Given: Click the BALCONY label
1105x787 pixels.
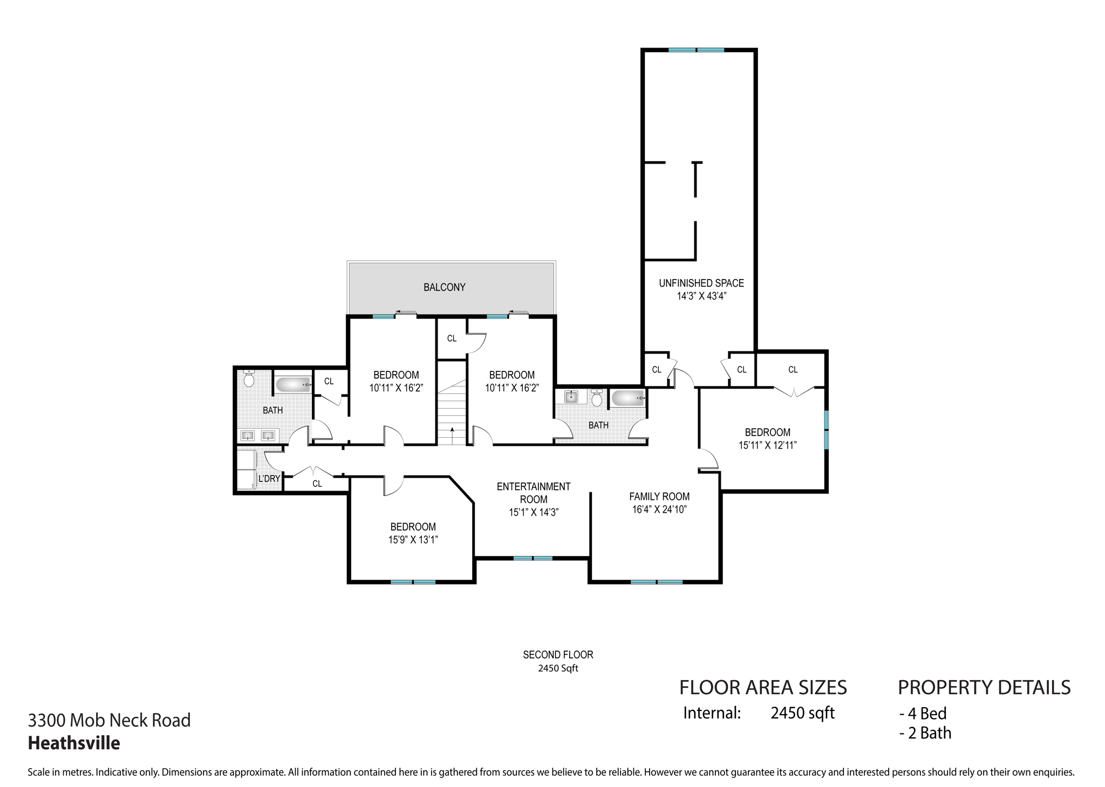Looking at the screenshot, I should click(444, 287).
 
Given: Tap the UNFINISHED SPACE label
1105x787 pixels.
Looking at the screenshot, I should click(701, 283).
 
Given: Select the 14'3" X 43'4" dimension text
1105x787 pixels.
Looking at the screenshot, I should click(701, 296).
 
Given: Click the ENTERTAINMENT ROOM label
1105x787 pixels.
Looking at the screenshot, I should click(533, 493).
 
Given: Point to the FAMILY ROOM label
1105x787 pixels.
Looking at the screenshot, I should click(659, 497).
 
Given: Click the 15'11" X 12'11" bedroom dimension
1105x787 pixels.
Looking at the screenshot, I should click(767, 445).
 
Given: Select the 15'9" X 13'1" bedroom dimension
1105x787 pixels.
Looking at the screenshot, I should click(413, 540).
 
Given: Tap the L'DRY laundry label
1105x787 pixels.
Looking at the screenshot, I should click(269, 479).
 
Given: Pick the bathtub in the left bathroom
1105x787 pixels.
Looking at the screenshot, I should click(293, 384).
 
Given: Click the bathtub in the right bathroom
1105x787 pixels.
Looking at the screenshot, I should click(627, 399).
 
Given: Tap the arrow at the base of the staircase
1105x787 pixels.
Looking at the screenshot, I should click(452, 430).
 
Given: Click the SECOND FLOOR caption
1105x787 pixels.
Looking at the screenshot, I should click(558, 655).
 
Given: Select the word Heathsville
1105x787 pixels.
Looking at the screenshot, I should click(74, 743).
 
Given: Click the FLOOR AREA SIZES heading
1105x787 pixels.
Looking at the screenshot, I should click(762, 687).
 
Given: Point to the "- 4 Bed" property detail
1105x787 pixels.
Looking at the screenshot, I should click(923, 714).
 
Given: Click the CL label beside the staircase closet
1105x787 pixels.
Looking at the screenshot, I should click(452, 338).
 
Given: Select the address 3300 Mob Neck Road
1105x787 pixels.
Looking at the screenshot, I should click(109, 720).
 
